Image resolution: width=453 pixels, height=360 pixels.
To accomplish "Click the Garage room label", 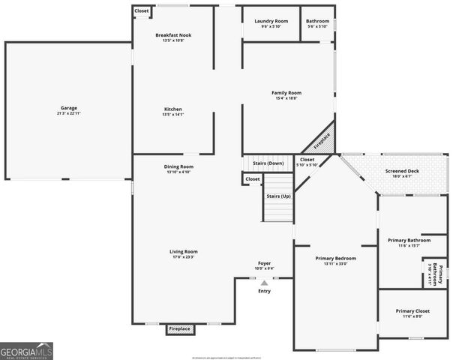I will coord(69,108).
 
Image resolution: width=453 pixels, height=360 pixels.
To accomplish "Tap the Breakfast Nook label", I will coord(173,35).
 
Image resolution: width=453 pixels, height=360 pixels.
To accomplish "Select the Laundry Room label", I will coord(271,21).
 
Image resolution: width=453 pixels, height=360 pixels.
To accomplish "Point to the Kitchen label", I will coord(173,109).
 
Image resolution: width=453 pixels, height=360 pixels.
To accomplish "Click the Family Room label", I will coord(286,93).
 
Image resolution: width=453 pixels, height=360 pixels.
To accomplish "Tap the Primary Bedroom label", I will coord(335,258).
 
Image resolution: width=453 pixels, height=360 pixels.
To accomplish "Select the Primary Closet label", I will coord(412,310).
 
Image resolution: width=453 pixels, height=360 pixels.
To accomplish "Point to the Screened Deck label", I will coord(402,171).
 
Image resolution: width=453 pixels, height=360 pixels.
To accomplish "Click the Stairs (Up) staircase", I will coord(277,196).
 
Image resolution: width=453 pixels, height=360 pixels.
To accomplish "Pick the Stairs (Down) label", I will coord(268,163).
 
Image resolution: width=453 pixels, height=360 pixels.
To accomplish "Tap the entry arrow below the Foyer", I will coord(264,283).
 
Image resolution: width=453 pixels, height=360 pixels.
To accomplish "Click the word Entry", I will coord(264,291).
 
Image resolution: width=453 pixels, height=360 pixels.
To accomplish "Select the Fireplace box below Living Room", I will coord(179,328).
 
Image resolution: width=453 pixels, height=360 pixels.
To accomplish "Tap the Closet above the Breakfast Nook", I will coord(142,11).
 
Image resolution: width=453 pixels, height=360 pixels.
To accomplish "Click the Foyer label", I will coord(264,263).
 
